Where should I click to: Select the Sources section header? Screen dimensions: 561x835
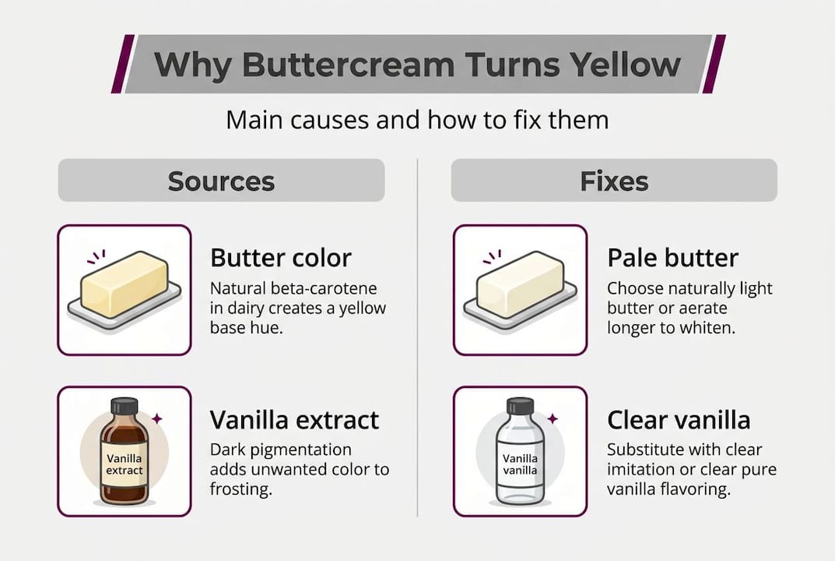tap(221, 181)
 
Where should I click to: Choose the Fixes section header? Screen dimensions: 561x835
tap(614, 181)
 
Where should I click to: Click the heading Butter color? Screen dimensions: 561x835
tap(281, 258)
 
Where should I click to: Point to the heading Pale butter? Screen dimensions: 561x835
tap(672, 258)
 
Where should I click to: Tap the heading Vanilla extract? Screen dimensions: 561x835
tap(294, 420)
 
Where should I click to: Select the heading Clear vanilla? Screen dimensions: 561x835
tap(679, 420)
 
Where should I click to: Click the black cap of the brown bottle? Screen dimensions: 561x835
tap(124, 406)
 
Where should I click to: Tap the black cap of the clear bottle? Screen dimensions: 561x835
tap(520, 406)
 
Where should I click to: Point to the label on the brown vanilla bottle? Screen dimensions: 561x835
tap(125, 464)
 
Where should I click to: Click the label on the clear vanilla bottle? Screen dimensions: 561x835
tap(520, 465)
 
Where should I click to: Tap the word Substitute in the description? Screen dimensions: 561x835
tap(645, 450)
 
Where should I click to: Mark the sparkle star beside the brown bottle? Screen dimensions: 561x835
tap(156, 418)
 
